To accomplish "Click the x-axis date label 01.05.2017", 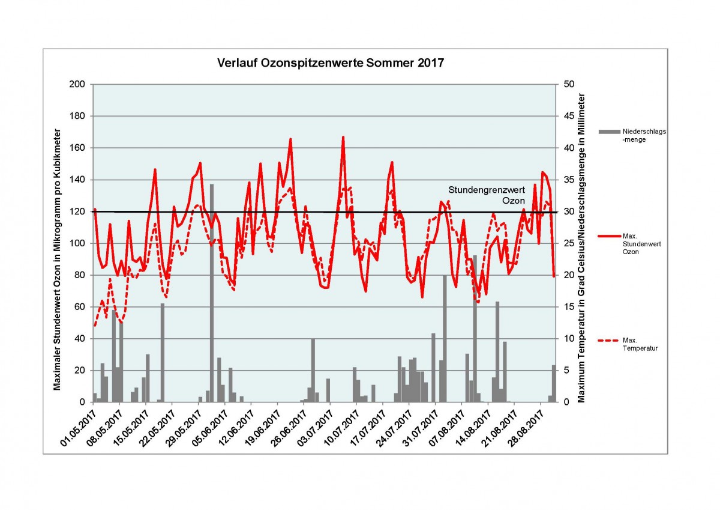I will pyautogui.click(x=80, y=427).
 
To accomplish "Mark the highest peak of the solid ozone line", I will pyautogui.click(x=343, y=137).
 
